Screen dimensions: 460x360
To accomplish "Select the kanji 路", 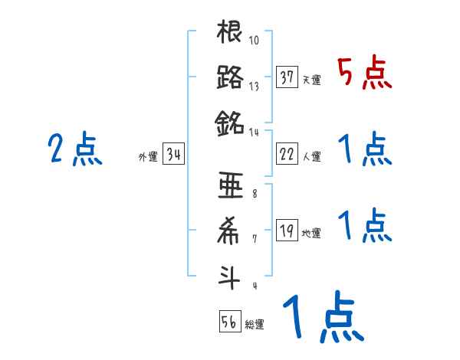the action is click(x=230, y=77).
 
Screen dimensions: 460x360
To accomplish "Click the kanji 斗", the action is click(x=230, y=275).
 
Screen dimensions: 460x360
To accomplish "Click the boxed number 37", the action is click(x=287, y=77).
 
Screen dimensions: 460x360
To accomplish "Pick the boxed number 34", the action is click(x=173, y=155).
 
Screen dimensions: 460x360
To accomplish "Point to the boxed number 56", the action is click(x=229, y=322).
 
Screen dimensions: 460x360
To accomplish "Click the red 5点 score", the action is click(x=364, y=74).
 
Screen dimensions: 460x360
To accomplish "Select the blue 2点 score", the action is click(x=75, y=149).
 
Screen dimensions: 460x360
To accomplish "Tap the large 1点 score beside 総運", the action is click(x=321, y=319).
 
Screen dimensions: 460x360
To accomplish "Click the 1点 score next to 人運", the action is click(x=364, y=149).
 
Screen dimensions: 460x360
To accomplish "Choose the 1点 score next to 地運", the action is click(x=364, y=225).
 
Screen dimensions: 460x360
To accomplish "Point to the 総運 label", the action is click(x=255, y=325).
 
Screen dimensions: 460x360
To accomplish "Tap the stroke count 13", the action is click(x=254, y=86).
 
